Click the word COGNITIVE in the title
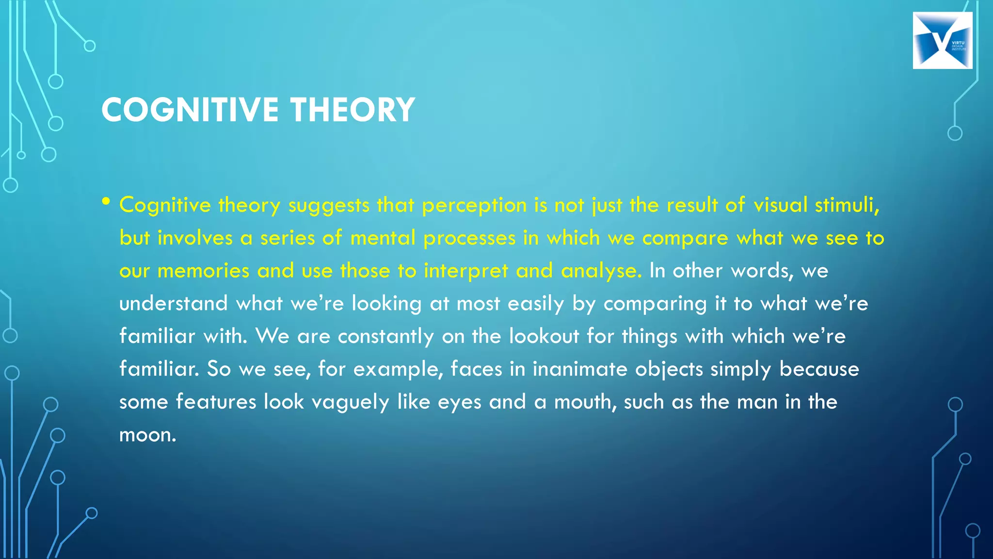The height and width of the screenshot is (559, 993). tap(190, 110)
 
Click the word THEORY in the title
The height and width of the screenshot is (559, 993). tap(352, 110)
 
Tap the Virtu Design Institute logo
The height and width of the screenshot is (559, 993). tap(942, 41)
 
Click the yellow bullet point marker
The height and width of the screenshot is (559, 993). tap(106, 201)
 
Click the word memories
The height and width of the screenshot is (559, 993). tap(203, 271)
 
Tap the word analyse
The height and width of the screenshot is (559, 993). tap(601, 271)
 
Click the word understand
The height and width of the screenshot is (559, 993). tap(173, 303)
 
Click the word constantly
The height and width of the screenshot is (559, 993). tap(385, 336)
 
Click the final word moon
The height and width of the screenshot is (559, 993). tap(147, 435)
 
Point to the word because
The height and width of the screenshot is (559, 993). tap(819, 369)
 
